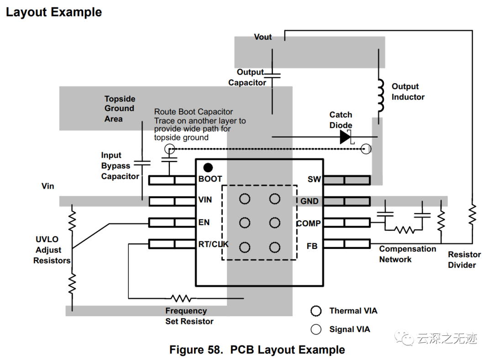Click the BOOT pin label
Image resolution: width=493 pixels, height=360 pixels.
(x=210, y=179)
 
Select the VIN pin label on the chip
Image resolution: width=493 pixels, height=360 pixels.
(x=205, y=200)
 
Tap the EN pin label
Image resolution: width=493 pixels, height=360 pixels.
(x=204, y=222)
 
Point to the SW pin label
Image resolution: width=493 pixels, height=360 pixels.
(x=314, y=180)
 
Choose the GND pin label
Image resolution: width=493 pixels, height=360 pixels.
(x=309, y=201)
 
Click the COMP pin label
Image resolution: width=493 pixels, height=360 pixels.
(x=309, y=224)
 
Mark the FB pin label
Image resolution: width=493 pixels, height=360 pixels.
(x=312, y=246)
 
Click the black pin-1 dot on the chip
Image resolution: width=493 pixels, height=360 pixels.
(x=209, y=168)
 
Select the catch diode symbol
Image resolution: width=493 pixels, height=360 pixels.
(x=346, y=137)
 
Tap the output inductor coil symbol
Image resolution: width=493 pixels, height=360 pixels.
(x=380, y=96)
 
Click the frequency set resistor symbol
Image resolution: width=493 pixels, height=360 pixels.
(x=181, y=298)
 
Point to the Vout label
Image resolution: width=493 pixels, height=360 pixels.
(x=262, y=37)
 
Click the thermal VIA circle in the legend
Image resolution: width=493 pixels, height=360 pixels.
(x=316, y=311)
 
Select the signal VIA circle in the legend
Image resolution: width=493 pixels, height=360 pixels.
(x=316, y=329)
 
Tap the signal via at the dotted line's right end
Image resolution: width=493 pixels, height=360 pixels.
(x=366, y=149)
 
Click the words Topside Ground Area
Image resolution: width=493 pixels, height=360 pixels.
(x=120, y=109)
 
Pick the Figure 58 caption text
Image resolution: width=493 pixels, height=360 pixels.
(x=257, y=350)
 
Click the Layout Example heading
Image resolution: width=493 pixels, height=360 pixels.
(x=54, y=12)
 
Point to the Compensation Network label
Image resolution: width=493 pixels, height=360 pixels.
(x=407, y=254)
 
